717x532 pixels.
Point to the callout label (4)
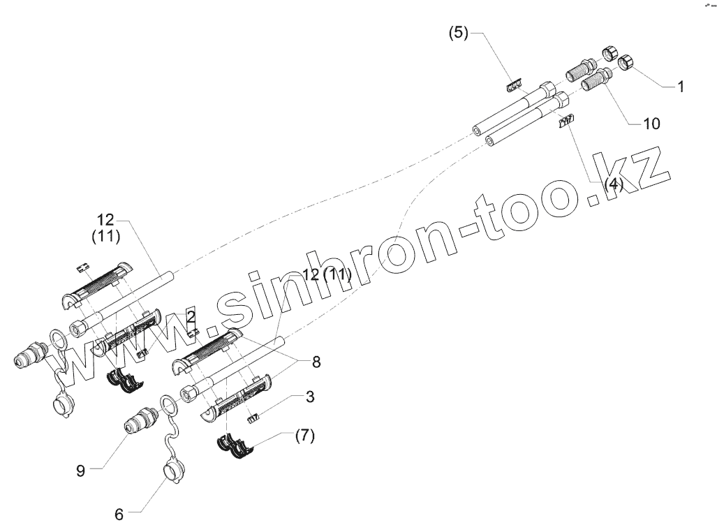pos(614,184)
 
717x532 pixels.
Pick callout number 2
pos(190,317)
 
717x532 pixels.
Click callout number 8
pos(317,362)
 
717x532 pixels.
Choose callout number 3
pos(309,397)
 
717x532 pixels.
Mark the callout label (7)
pos(304,436)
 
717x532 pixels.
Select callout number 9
pos(81,470)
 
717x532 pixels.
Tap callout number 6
pos(119,515)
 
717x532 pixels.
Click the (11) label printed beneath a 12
pos(106,237)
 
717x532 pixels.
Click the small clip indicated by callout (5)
pos(513,85)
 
